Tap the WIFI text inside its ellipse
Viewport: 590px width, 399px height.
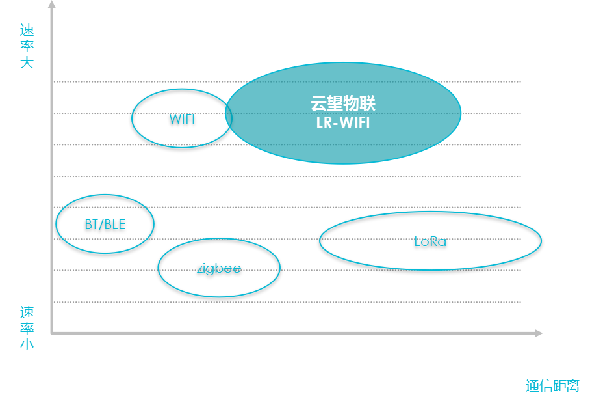182,119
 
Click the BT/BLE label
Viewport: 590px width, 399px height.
105,225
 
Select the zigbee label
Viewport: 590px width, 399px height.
219,268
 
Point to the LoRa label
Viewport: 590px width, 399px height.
430,241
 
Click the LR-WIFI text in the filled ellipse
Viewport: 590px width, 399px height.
343,122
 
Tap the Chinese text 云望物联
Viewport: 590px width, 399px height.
343,104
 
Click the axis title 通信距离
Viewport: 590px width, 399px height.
552,385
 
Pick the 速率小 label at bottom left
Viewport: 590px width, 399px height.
27,328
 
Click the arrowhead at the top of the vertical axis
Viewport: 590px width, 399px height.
52,5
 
